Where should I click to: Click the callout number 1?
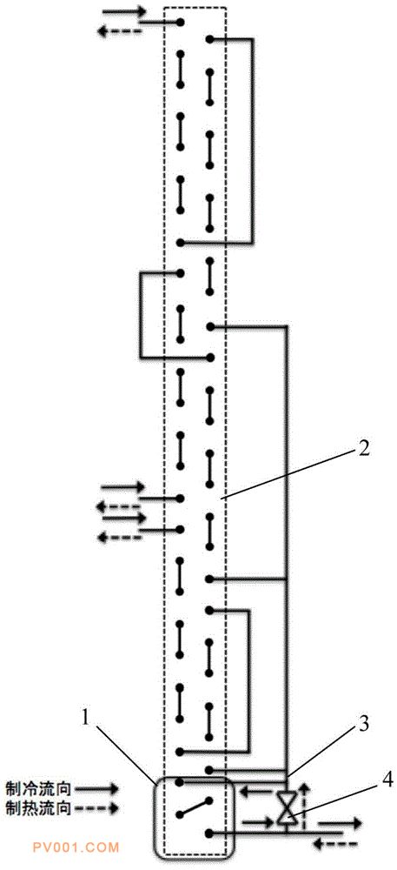(86, 718)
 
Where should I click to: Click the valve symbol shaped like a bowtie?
(287, 807)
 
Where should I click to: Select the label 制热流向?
(37, 807)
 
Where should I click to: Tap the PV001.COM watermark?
(83, 847)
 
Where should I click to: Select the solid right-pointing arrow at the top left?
(124, 11)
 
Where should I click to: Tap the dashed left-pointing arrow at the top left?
(120, 31)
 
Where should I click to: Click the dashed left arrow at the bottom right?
(335, 845)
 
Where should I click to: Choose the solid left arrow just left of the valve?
(261, 790)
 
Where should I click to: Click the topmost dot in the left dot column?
(180, 23)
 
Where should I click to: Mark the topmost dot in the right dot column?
(209, 39)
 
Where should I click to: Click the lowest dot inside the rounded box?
(209, 831)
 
